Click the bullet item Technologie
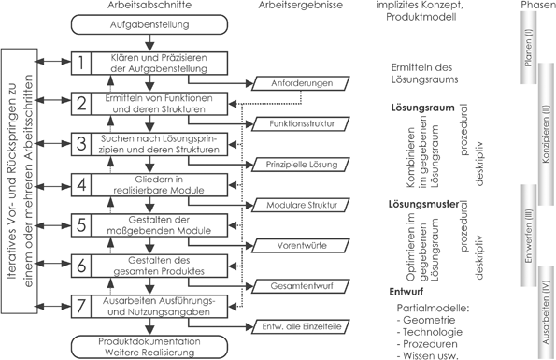tap(427, 330)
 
